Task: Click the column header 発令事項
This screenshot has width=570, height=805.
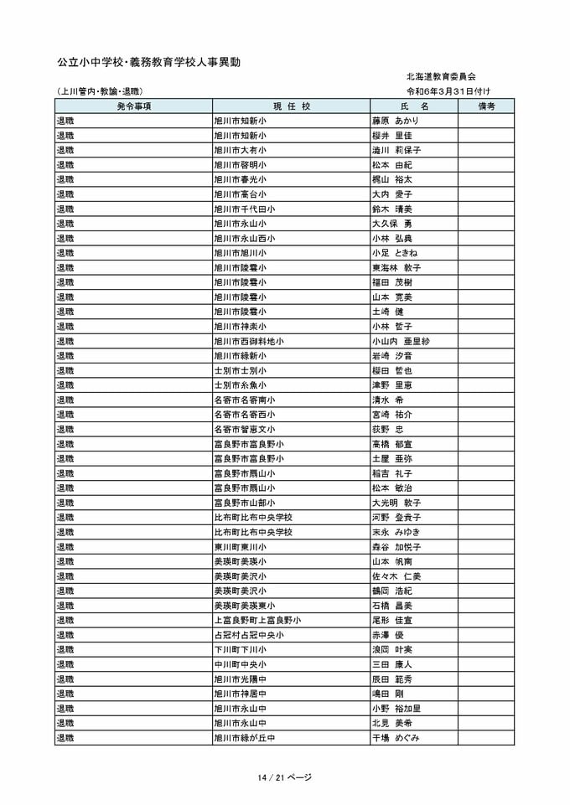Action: coord(133,106)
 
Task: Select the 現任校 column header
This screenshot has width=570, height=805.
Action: coord(291,106)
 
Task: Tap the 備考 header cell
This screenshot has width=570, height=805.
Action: coord(486,106)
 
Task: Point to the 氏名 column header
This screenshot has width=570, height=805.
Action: coord(414,106)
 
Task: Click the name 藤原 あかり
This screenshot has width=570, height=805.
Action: coord(395,121)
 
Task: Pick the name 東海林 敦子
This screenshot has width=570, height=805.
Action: coord(396,267)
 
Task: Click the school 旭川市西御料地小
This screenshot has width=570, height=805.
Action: coord(248,341)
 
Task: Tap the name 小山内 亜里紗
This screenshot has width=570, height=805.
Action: coord(401,341)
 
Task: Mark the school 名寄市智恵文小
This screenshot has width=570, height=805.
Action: coord(244,429)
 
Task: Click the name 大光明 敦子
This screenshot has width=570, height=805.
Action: coord(396,503)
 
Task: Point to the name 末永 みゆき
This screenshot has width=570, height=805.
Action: coord(396,532)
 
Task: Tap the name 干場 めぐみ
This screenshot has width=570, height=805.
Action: coord(396,738)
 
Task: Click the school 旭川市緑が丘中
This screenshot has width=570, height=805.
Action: coord(244,738)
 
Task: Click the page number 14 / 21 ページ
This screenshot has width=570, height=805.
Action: coord(285,777)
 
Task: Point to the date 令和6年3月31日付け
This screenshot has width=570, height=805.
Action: coord(448,90)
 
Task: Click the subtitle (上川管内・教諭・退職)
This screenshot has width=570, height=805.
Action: coord(100,90)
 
